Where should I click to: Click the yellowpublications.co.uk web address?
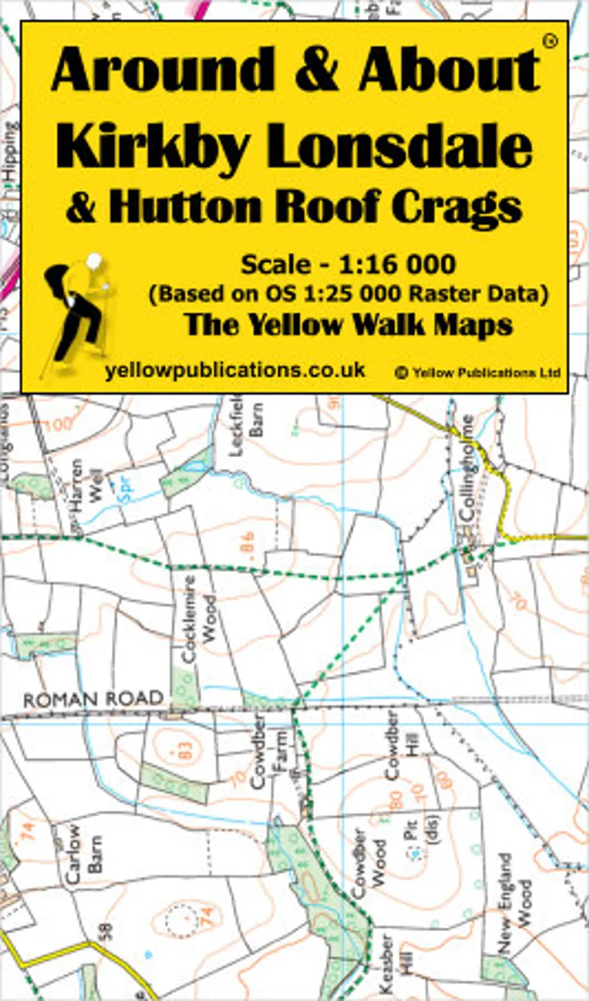(235, 370)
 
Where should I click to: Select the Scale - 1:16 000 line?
(348, 264)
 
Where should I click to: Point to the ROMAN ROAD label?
(93, 699)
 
